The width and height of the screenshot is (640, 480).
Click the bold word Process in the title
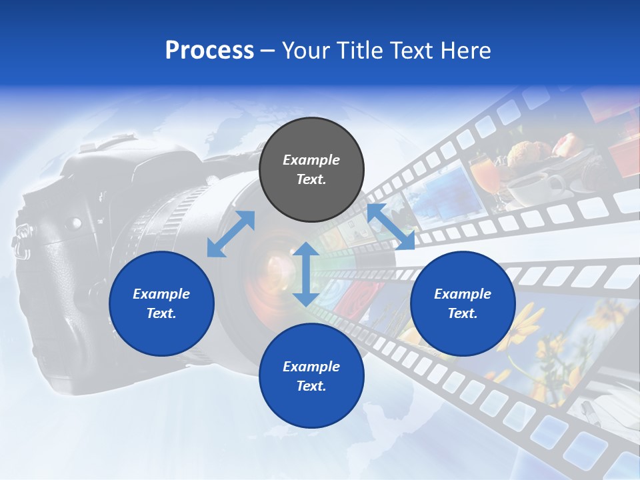point(209,51)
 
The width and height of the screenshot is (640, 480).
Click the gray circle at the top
point(311,170)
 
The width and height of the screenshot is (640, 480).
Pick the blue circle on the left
point(161,304)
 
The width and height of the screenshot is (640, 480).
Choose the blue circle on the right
point(463,304)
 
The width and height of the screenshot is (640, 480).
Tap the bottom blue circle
point(311,376)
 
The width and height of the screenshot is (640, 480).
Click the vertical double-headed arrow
point(305,274)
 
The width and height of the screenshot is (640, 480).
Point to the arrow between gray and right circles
point(391,227)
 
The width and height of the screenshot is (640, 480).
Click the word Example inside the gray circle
point(311,160)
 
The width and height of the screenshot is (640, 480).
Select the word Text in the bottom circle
point(311,386)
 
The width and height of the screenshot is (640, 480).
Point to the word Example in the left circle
point(161,294)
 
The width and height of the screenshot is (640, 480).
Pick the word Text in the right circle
point(463,313)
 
